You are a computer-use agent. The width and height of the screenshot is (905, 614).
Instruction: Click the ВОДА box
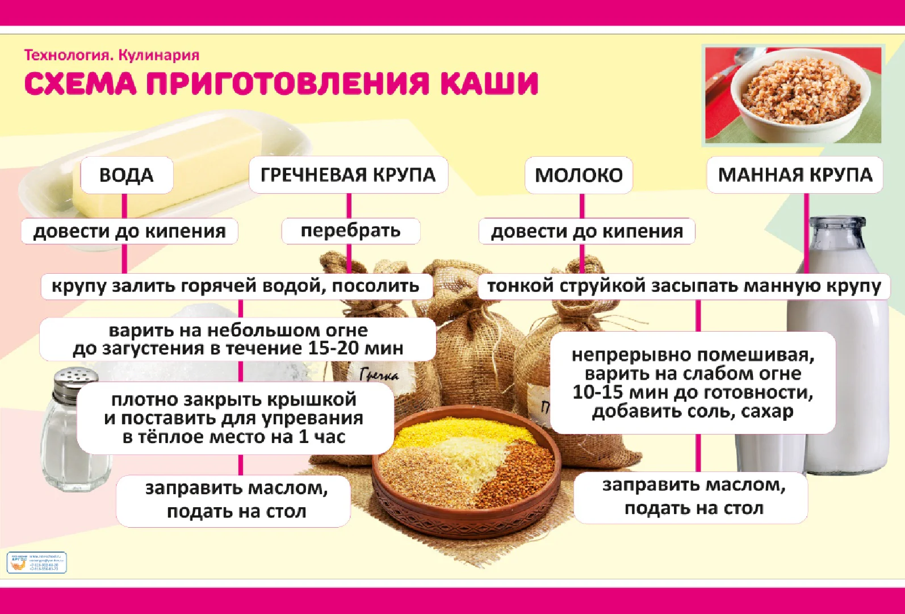(x=126, y=175)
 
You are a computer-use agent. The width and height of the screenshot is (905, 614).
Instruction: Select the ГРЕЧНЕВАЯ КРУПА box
(x=348, y=175)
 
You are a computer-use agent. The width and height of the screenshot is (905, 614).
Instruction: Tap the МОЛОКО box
(x=579, y=175)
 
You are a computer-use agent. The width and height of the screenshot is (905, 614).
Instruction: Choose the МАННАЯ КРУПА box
(x=795, y=175)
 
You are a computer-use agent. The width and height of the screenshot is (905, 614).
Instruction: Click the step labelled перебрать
(x=350, y=231)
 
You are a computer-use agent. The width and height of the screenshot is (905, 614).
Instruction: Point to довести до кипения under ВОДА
(x=129, y=231)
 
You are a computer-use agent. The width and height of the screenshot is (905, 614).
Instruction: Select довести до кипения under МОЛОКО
(x=586, y=231)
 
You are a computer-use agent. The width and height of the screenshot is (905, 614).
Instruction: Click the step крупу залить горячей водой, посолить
(x=236, y=286)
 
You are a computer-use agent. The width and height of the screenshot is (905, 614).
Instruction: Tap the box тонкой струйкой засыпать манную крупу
(x=684, y=286)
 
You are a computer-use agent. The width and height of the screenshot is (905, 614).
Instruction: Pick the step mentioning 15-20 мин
(x=238, y=339)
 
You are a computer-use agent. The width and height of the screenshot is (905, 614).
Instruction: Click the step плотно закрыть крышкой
(x=234, y=418)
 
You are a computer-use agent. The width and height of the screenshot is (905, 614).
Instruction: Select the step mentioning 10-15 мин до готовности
(x=693, y=383)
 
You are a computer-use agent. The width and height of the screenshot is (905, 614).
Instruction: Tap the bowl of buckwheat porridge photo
(x=793, y=94)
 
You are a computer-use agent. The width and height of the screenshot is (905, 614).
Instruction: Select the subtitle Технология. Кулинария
(x=112, y=55)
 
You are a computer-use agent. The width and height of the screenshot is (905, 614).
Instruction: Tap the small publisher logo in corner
(x=36, y=562)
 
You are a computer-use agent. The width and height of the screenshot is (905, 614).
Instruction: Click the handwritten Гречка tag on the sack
(x=379, y=374)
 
